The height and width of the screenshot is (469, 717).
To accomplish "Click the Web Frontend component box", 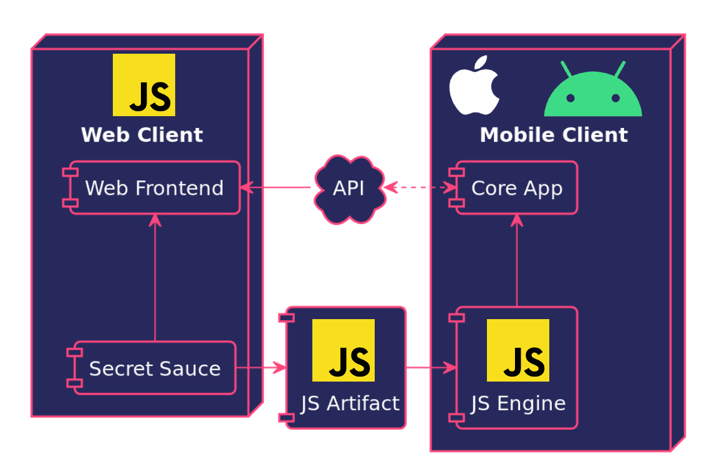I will (x=154, y=187).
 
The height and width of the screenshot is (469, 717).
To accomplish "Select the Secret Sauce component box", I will (x=155, y=368).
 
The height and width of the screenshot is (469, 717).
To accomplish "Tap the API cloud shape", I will (x=349, y=187).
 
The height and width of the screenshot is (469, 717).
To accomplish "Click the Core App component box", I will (x=517, y=187).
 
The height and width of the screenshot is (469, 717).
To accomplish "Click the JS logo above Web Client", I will (x=144, y=85).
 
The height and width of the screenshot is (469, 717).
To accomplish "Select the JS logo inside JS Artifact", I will (x=344, y=350).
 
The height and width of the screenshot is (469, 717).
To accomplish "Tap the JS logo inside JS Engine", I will (x=518, y=350).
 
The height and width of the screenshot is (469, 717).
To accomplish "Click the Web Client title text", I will (x=142, y=135).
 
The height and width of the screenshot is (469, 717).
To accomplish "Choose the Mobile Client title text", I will (x=554, y=135).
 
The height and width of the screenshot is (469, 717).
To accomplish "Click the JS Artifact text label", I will (x=350, y=403).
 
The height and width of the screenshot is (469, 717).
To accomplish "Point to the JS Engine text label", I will (x=518, y=403).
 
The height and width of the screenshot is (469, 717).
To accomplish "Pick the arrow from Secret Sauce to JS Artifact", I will (x=261, y=368).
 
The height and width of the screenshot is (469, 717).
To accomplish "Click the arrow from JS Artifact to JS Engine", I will (x=430, y=368).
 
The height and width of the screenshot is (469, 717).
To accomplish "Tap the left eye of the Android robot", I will (x=570, y=98).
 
